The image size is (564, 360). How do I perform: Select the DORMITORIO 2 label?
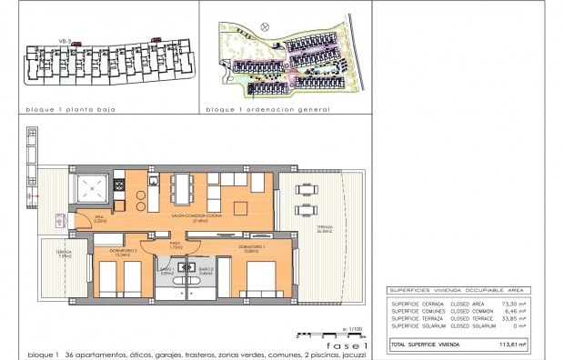[x=123, y=252]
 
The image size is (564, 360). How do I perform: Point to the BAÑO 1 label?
[x=166, y=270]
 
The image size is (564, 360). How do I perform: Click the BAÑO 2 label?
[x=206, y=270]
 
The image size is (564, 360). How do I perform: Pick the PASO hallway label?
[x=175, y=245]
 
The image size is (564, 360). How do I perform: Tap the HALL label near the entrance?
[x=99, y=218]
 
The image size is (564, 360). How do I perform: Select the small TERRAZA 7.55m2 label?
[x=64, y=254]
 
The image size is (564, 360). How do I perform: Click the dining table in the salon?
[x=183, y=189]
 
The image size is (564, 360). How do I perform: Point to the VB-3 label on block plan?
[x=65, y=40]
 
